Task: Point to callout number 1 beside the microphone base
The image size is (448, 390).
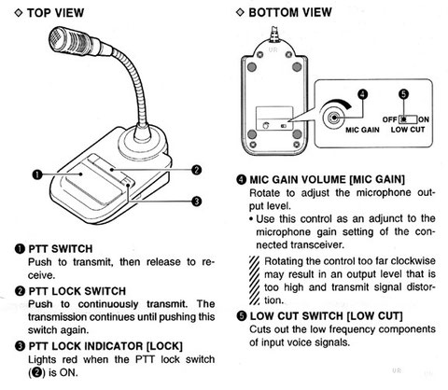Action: click(35, 174)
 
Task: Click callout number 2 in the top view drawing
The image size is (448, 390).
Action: click(196, 169)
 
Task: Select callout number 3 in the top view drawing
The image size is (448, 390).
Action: click(196, 200)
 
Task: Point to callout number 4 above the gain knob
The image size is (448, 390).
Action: click(363, 92)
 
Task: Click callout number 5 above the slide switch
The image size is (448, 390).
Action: click(404, 94)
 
